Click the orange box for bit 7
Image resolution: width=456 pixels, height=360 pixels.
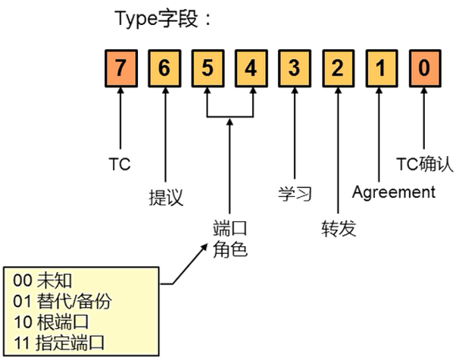pos(121,67)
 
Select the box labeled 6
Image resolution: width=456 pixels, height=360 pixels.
pos(164,67)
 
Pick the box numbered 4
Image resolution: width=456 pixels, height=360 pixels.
pos(251,67)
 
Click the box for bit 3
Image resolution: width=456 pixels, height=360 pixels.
pos(294,67)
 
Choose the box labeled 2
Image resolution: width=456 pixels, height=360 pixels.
pos(337,67)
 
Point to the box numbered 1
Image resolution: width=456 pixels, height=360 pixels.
pos(380,67)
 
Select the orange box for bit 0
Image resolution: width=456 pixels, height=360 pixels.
pos(423,67)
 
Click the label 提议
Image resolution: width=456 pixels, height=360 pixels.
pos(165,198)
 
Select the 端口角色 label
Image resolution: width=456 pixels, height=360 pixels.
pos(230,238)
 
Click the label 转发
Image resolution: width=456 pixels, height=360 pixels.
pos(338,227)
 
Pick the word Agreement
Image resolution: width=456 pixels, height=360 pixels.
pos(394,193)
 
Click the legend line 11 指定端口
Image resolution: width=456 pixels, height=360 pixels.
pos(61,343)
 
